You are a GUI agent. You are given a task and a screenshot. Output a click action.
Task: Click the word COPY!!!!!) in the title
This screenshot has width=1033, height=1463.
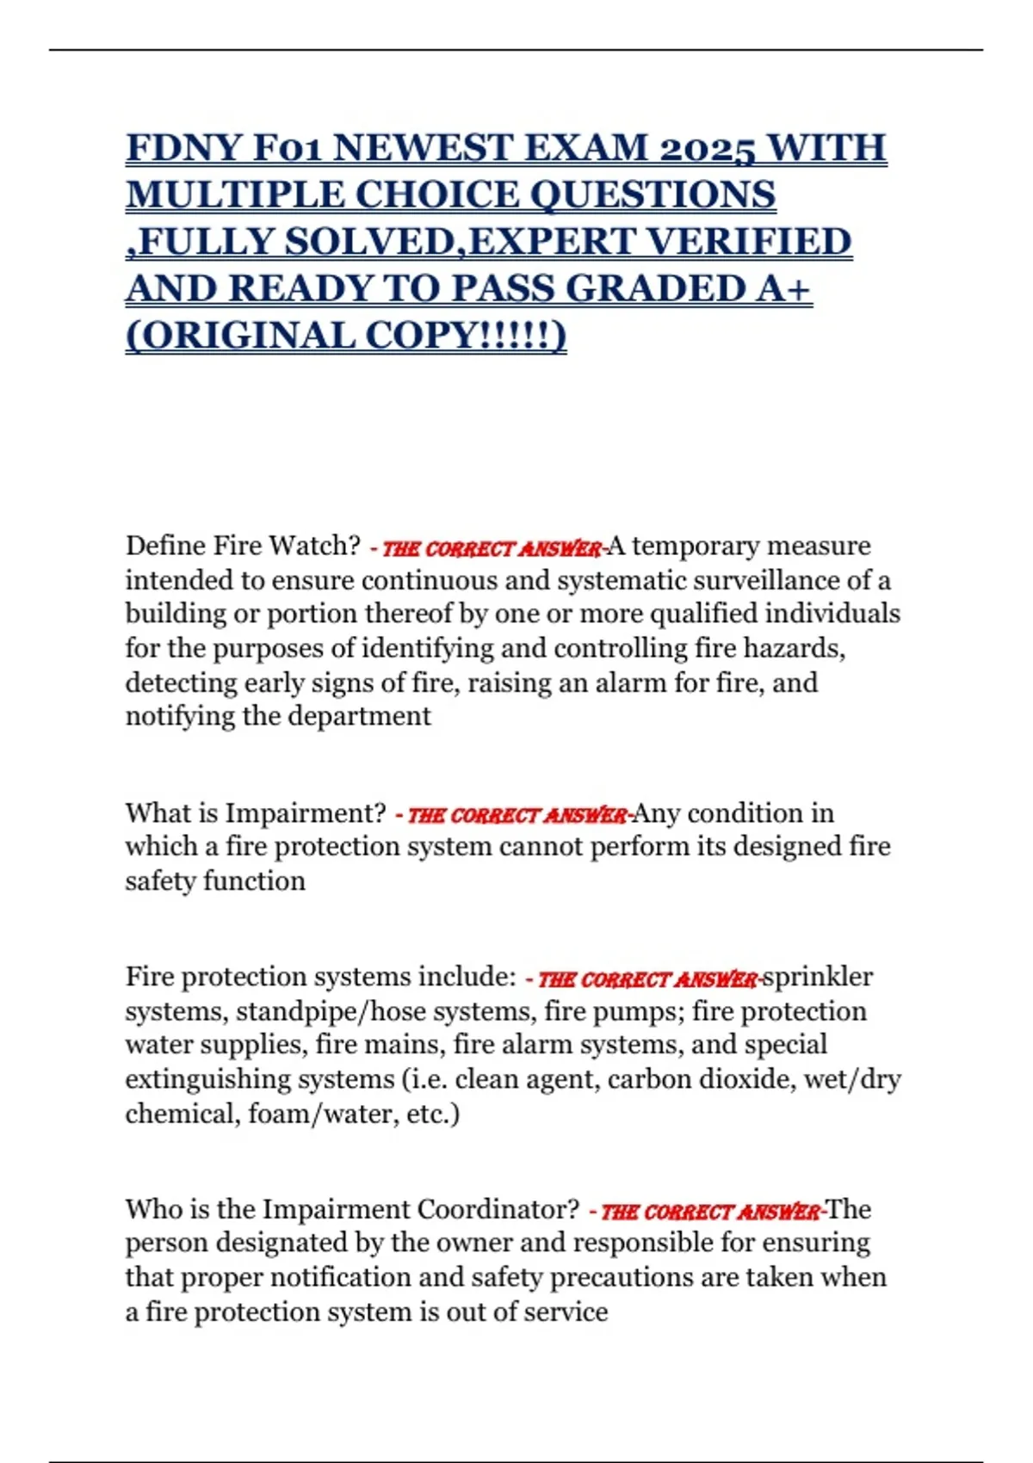tap(466, 336)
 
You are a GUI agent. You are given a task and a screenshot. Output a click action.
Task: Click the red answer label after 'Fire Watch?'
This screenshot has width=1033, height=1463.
tap(489, 548)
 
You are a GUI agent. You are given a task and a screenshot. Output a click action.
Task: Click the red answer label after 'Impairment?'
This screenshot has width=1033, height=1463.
tap(514, 815)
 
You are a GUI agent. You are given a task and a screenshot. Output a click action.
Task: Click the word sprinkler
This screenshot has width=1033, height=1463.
tap(818, 977)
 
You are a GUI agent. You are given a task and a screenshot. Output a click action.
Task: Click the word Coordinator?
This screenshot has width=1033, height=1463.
tap(499, 1209)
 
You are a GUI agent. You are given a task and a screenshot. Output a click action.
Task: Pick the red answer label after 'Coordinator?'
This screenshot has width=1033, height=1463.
tap(708, 1212)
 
